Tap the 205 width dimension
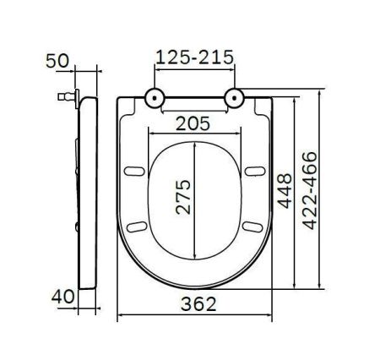(193, 123)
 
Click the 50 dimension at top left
(57, 63)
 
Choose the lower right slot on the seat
(250, 225)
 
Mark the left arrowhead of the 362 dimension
(118, 315)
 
